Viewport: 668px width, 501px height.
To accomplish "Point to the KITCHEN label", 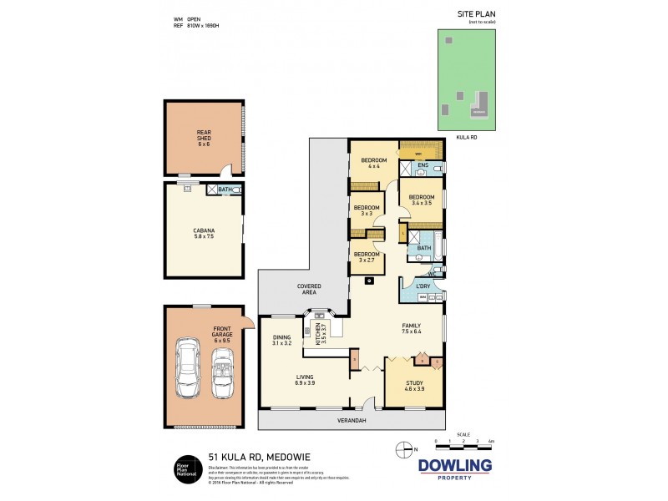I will (318, 333).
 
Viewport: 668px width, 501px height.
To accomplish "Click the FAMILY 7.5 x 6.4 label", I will (411, 329).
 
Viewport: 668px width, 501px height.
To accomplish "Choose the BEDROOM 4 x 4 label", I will (373, 163).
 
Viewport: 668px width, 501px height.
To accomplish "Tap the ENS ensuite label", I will (423, 165).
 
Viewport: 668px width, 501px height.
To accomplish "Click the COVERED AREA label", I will (310, 289).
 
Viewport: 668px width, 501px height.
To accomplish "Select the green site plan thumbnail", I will (467, 80).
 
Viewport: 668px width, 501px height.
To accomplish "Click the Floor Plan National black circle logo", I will (185, 468).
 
